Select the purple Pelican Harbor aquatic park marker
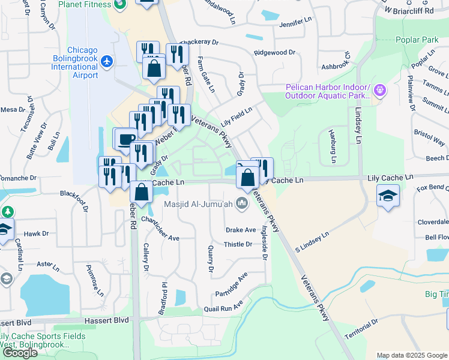379,91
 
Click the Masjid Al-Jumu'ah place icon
242,204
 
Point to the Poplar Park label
417,40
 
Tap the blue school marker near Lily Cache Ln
388,196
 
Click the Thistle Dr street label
238,244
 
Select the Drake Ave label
241,230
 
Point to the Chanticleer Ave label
160,229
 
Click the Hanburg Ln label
331,147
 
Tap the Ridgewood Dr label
275,52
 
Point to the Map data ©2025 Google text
411,355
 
